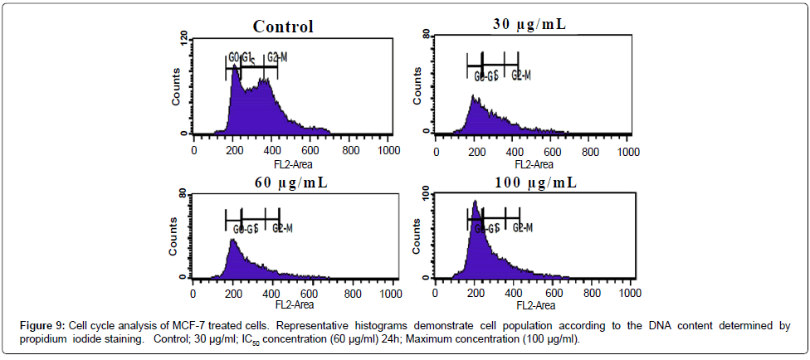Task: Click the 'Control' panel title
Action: coord(283,27)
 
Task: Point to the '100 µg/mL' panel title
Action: coord(529,182)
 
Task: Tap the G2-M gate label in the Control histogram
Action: coord(277,57)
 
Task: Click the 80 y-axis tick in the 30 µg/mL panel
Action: coord(425,37)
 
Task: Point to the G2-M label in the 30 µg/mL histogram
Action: coord(520,75)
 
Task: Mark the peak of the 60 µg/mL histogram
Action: coord(233,241)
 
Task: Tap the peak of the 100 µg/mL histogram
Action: coord(475,202)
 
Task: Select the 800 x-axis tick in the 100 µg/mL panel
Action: coord(592,294)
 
